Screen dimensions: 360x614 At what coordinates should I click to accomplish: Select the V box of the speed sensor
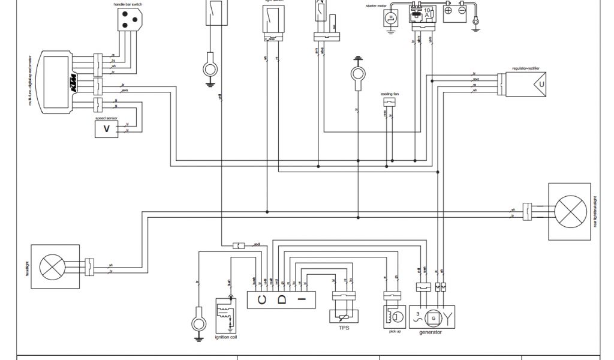(x=107, y=129)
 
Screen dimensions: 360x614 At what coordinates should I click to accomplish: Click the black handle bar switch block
(x=127, y=21)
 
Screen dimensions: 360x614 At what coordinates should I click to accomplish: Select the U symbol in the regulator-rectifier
(x=541, y=85)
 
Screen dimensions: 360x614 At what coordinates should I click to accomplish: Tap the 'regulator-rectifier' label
(x=526, y=69)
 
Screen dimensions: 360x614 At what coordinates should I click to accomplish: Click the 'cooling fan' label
(x=390, y=94)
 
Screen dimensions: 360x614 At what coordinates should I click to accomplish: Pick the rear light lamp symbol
(x=571, y=211)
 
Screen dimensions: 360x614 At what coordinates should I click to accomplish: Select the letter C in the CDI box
(x=262, y=299)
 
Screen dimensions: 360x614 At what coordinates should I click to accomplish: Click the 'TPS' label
(x=344, y=328)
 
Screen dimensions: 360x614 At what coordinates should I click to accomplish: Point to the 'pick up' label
(x=395, y=331)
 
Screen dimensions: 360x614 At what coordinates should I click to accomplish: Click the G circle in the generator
(x=432, y=316)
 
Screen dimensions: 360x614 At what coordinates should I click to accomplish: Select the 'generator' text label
(x=431, y=332)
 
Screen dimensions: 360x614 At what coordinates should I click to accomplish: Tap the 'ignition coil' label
(x=227, y=336)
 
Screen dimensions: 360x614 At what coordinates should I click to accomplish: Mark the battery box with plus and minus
(x=458, y=13)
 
